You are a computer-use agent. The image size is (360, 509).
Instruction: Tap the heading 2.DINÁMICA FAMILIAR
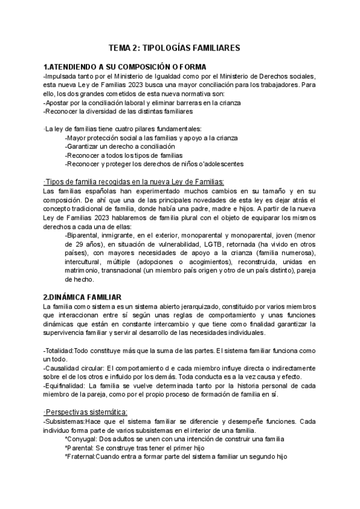[82, 297]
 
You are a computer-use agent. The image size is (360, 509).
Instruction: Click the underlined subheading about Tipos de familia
[133, 182]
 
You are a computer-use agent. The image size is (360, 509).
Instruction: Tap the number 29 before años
[76, 244]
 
